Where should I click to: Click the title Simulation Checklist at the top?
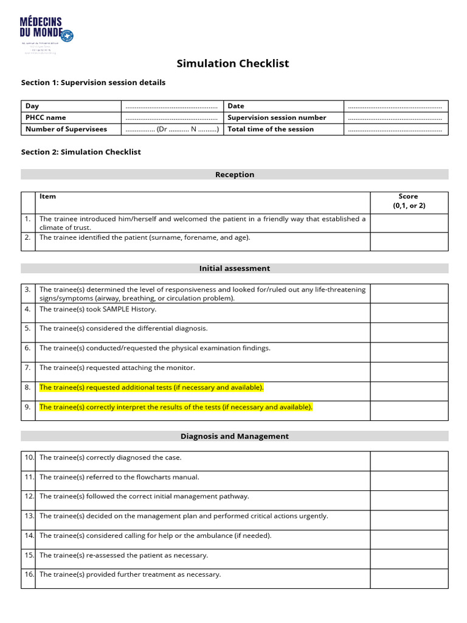click(233, 63)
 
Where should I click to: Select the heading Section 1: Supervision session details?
click(93, 82)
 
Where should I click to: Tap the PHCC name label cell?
click(46, 117)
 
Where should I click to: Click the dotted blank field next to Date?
click(395, 106)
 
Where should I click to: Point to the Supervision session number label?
click(277, 117)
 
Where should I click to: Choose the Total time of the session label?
click(271, 129)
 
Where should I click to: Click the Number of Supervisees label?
click(66, 129)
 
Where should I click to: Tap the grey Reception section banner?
click(235, 175)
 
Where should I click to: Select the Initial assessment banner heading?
click(235, 268)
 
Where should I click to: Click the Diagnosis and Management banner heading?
click(235, 436)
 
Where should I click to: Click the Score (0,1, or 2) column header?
click(409, 201)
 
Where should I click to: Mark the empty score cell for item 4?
click(409, 313)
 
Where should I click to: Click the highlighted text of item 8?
click(151, 388)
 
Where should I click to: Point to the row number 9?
click(28, 407)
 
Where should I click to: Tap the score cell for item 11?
click(409, 481)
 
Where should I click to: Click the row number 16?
click(29, 574)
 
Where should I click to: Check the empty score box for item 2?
click(409, 242)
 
